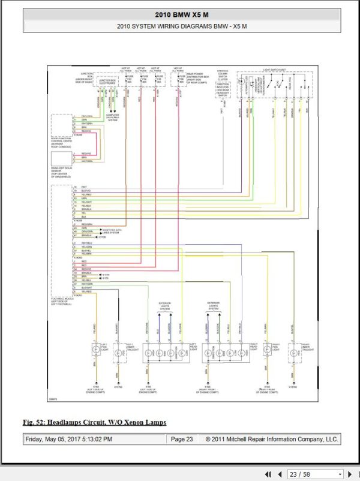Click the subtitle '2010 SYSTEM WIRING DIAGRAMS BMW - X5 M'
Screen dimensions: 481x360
coord(179,26)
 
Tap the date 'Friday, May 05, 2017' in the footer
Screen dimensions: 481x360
coord(68,439)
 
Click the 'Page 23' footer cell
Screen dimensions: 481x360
coord(182,439)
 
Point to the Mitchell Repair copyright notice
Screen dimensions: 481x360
coord(272,439)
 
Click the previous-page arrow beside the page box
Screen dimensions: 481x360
coord(280,474)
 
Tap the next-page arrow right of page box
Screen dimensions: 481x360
coord(350,474)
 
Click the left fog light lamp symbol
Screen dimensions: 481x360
coord(95,349)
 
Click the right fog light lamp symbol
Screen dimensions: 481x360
coord(266,349)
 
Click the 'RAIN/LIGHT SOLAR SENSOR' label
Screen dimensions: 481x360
coord(62,172)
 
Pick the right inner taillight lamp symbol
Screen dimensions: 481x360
coord(293,354)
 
